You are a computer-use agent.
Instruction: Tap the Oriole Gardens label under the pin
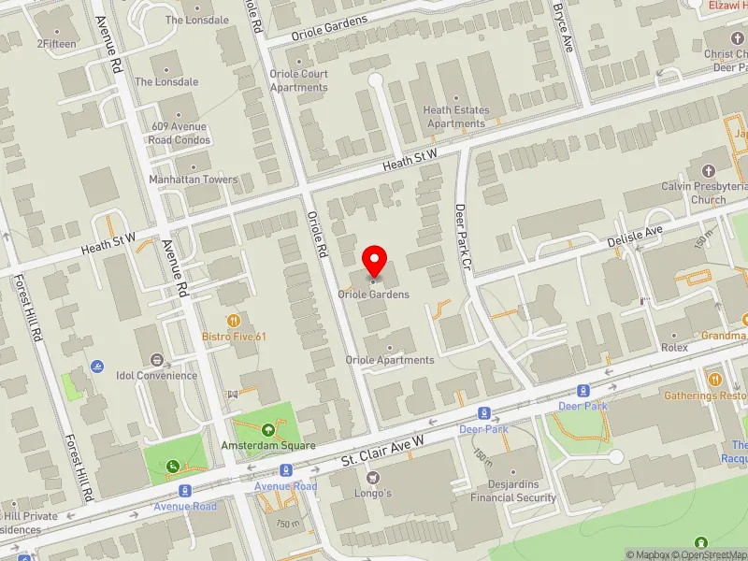click(x=375, y=295)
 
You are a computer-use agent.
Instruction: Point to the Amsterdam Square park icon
click(x=268, y=430)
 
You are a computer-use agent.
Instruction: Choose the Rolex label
click(x=673, y=347)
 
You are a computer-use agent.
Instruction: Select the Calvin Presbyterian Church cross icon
click(x=708, y=171)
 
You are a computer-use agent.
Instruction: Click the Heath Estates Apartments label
click(x=456, y=117)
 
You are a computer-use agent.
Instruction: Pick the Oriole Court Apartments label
click(x=299, y=80)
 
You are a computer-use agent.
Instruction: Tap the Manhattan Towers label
click(x=194, y=180)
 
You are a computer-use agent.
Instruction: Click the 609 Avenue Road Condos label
click(x=180, y=135)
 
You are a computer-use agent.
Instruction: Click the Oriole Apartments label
click(x=390, y=360)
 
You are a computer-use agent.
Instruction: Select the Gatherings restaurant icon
click(x=715, y=379)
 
